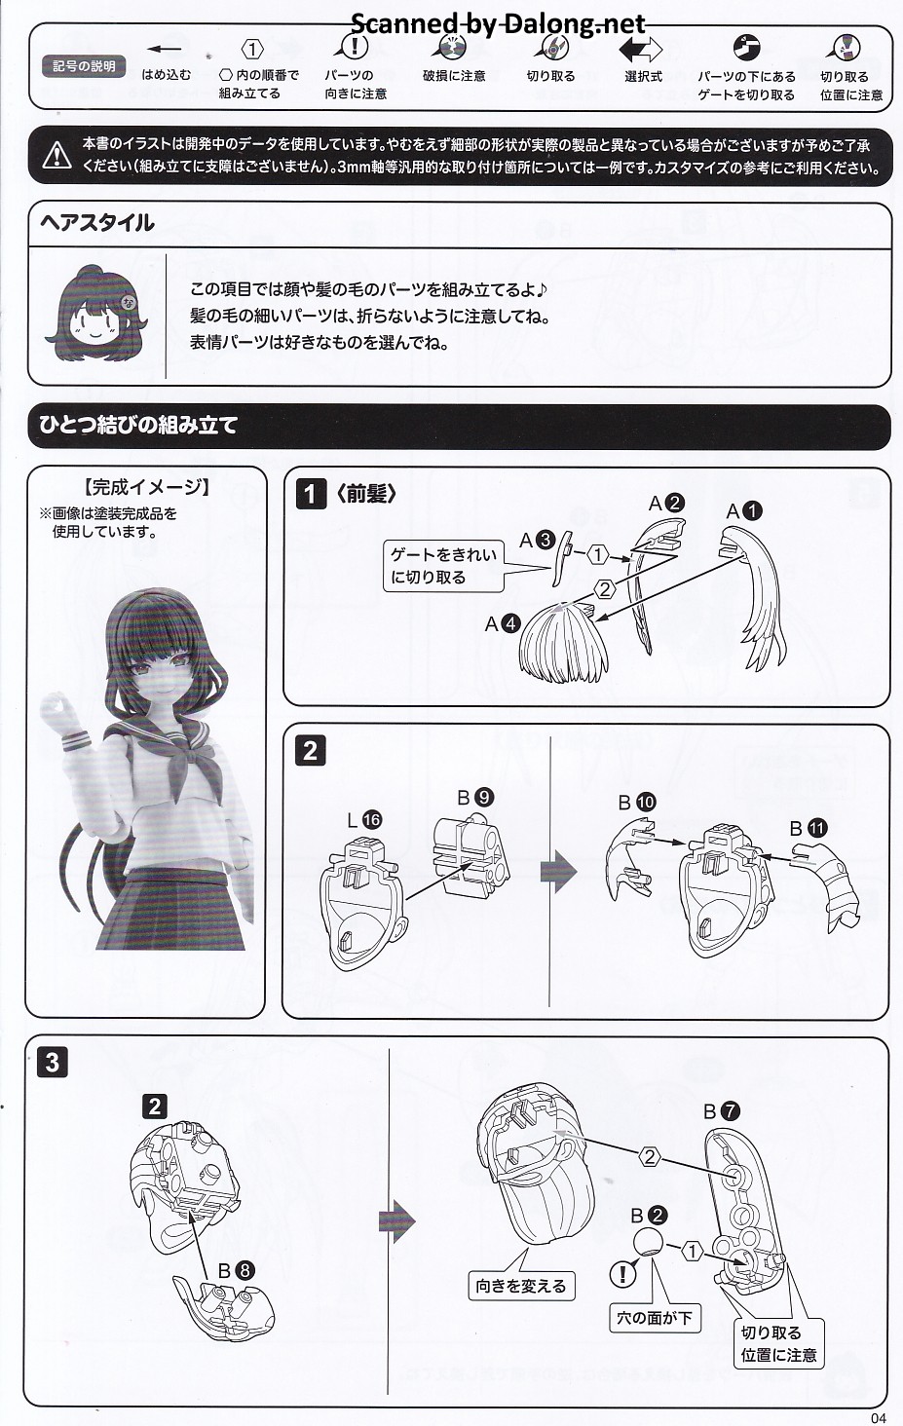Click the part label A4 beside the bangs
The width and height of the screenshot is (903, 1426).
[503, 623]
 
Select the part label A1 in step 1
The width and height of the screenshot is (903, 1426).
[744, 511]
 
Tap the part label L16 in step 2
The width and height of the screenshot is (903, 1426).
[364, 820]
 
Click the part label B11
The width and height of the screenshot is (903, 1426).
[809, 828]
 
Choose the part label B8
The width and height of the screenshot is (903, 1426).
[237, 1271]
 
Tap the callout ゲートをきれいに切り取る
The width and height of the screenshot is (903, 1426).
[443, 566]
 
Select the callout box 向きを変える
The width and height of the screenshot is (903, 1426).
[521, 1286]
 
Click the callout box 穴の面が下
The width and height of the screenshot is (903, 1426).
[655, 1318]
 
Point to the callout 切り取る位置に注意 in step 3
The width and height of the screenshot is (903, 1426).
[778, 1343]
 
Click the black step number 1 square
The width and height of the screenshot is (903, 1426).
[311, 494]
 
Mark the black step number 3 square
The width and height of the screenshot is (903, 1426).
[53, 1063]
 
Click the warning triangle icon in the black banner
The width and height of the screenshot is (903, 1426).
[57, 155]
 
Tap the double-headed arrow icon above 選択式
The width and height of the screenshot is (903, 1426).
[641, 49]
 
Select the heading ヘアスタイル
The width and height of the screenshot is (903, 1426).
[96, 223]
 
